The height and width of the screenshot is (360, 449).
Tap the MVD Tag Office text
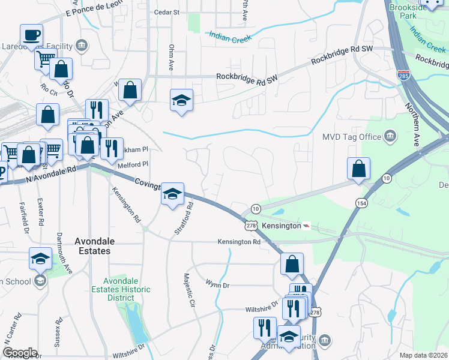(x=352, y=137)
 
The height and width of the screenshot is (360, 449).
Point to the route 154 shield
(x=361, y=202)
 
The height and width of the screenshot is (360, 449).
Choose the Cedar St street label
(x=167, y=11)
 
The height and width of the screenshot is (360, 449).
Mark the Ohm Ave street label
(x=171, y=58)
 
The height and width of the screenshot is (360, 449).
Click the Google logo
(x=19, y=353)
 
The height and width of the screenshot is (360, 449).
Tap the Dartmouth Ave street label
(x=61, y=252)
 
